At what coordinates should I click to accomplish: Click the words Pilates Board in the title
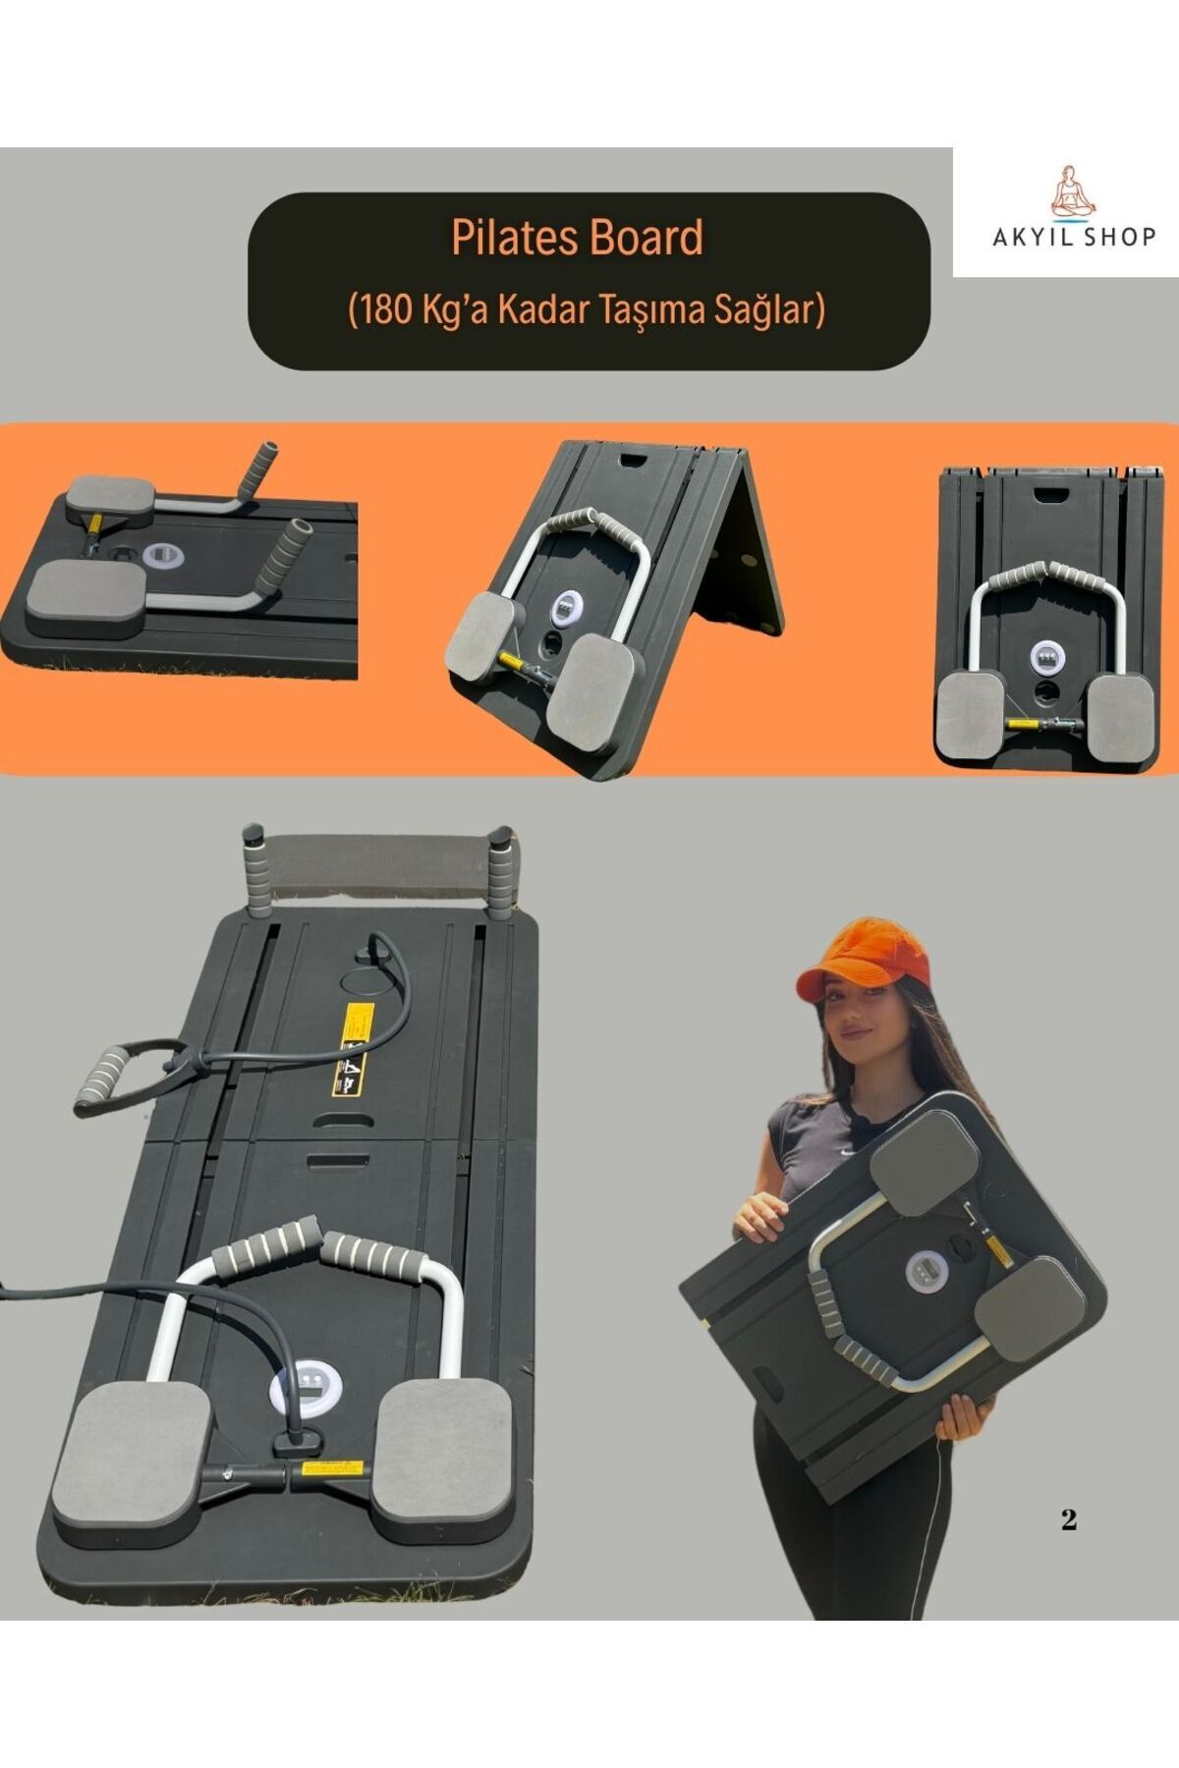577,239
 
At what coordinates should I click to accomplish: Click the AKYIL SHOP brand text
1074,237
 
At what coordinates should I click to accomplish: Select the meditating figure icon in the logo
1074,192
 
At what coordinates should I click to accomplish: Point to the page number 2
1069,1519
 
